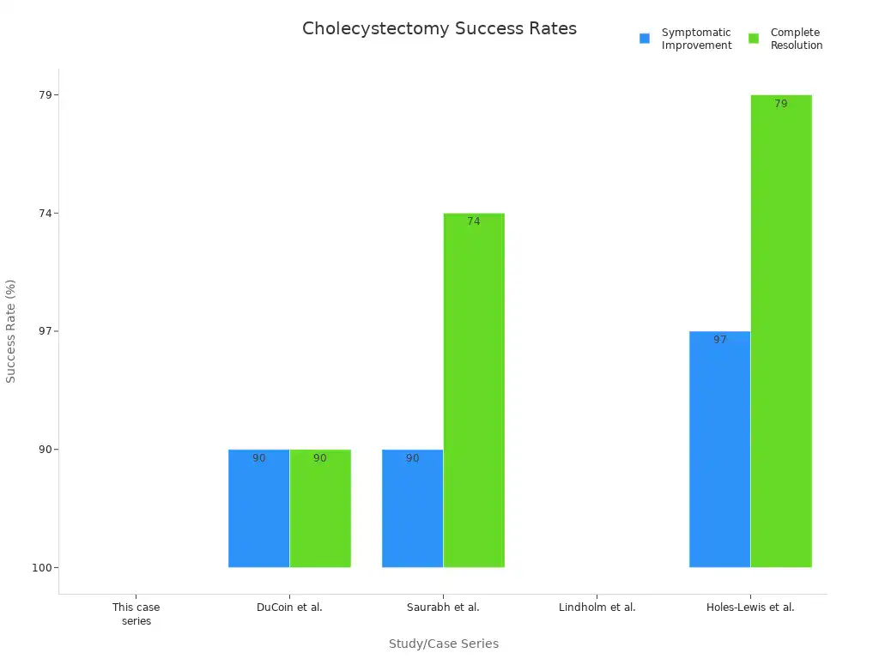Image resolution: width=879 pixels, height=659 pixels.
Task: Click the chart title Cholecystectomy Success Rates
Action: tap(439, 28)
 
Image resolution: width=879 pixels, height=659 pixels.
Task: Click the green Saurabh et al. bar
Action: tap(474, 390)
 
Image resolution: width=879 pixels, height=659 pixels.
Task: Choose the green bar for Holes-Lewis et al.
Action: tap(781, 331)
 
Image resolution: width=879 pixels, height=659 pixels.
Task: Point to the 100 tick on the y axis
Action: tap(43, 567)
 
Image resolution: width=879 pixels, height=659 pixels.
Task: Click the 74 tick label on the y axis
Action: tap(45, 213)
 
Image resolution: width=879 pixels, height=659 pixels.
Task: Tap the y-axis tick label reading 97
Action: tap(45, 331)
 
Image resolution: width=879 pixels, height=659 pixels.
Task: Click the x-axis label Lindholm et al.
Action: tap(597, 608)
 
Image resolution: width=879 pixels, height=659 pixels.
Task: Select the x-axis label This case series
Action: tap(136, 614)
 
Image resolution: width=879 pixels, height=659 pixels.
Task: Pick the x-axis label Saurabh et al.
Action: tap(443, 608)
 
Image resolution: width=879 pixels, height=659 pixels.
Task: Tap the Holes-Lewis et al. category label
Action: tap(750, 608)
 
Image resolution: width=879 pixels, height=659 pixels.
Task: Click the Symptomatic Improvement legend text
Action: tap(696, 39)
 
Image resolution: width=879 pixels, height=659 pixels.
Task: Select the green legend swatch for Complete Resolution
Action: tap(754, 39)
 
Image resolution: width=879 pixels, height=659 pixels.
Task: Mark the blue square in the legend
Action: tap(645, 39)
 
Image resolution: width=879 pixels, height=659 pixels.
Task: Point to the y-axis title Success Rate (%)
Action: tap(11, 330)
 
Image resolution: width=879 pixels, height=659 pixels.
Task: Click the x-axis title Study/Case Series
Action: tap(443, 644)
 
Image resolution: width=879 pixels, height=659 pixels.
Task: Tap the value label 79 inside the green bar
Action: tap(780, 104)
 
